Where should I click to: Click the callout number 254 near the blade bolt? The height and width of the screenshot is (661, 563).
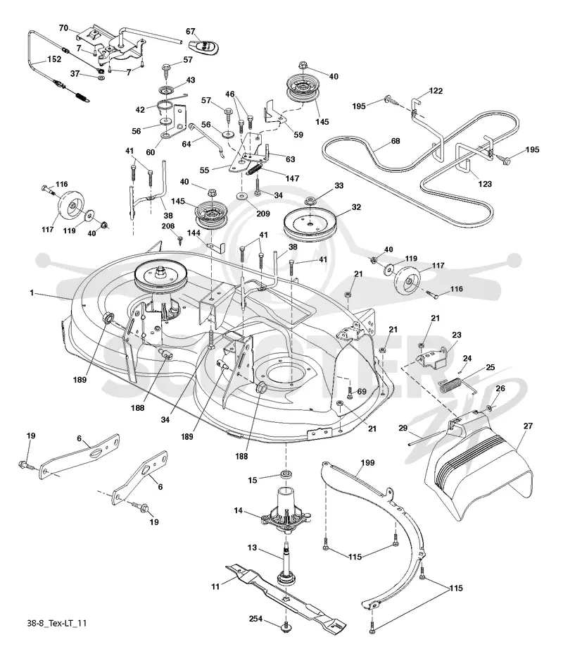tap(255, 619)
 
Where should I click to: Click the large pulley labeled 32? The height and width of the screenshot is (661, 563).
tap(311, 225)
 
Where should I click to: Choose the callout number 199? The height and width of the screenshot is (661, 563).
tap(367, 462)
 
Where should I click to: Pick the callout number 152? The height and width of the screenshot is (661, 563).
tap(54, 59)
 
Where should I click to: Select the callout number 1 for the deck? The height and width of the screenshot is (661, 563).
tap(32, 292)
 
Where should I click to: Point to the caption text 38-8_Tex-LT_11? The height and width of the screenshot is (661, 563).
tap(57, 623)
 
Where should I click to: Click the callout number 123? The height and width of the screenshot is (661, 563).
tap(485, 184)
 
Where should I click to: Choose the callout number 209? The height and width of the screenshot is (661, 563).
tap(263, 214)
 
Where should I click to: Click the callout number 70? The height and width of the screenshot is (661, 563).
tap(63, 28)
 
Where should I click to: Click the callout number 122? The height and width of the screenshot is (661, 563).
tap(436, 91)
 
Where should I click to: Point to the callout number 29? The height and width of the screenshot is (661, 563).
tap(403, 428)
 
